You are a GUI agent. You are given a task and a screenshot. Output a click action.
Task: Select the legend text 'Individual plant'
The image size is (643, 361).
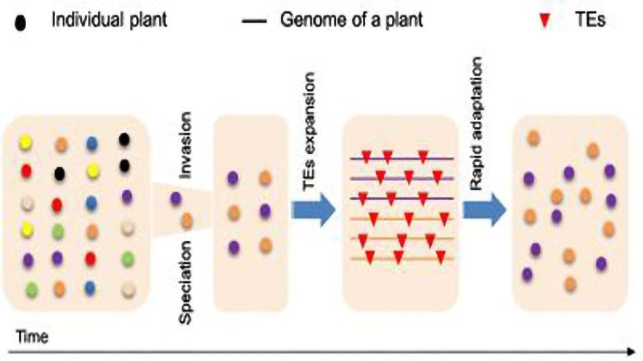pos(110,20)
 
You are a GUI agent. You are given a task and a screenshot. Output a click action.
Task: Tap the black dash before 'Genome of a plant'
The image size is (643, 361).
pos(253,21)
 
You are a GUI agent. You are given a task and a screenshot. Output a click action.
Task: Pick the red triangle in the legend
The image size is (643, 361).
pos(545,21)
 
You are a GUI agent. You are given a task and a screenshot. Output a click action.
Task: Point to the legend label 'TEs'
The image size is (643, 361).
pos(591,20)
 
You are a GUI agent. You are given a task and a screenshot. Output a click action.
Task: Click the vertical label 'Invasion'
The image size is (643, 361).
pos(187,144)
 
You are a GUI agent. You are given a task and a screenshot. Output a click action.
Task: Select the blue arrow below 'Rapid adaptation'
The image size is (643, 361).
pos(484,213)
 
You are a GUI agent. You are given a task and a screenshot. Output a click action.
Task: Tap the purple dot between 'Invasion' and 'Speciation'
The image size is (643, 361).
pos(175,198)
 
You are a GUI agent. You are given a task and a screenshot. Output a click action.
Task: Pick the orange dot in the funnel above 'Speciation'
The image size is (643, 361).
pos(187,219)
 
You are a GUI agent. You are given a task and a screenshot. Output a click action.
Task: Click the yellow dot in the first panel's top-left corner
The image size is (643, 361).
pos(25,142)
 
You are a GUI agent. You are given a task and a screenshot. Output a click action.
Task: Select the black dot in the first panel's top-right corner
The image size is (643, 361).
pos(124,139)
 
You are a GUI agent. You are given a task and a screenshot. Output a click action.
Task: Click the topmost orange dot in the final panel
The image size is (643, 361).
pos(534,138)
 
